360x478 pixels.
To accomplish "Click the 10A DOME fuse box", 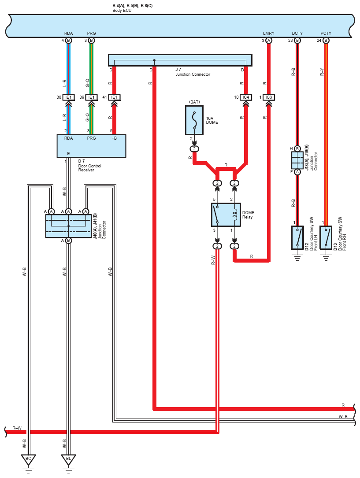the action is [x=194, y=120].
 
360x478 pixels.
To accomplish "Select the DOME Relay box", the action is [x=226, y=215].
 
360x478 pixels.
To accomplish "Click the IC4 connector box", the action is [x=246, y=97].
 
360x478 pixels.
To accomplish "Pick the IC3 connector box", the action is [x=268, y=97].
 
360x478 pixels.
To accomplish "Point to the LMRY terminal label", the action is [x=268, y=33].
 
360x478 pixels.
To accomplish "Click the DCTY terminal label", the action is [x=297, y=33].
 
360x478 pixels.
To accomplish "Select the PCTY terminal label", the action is [x=326, y=33].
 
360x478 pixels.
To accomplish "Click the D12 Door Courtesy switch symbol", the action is [x=297, y=237].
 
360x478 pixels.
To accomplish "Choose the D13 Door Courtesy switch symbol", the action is [x=326, y=237].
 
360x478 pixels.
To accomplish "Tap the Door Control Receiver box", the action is [x=92, y=146].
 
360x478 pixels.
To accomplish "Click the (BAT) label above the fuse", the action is [x=194, y=102].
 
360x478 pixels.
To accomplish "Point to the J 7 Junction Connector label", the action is [x=193, y=72].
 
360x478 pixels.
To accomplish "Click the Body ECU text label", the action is [x=122, y=11].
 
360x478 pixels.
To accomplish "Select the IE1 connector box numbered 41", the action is [x=114, y=97].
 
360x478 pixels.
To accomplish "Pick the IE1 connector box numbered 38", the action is [x=69, y=97].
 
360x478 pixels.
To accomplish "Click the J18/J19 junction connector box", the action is [x=297, y=160].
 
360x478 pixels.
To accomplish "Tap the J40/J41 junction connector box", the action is [x=69, y=226].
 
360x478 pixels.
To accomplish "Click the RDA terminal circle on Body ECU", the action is [x=69, y=40].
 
